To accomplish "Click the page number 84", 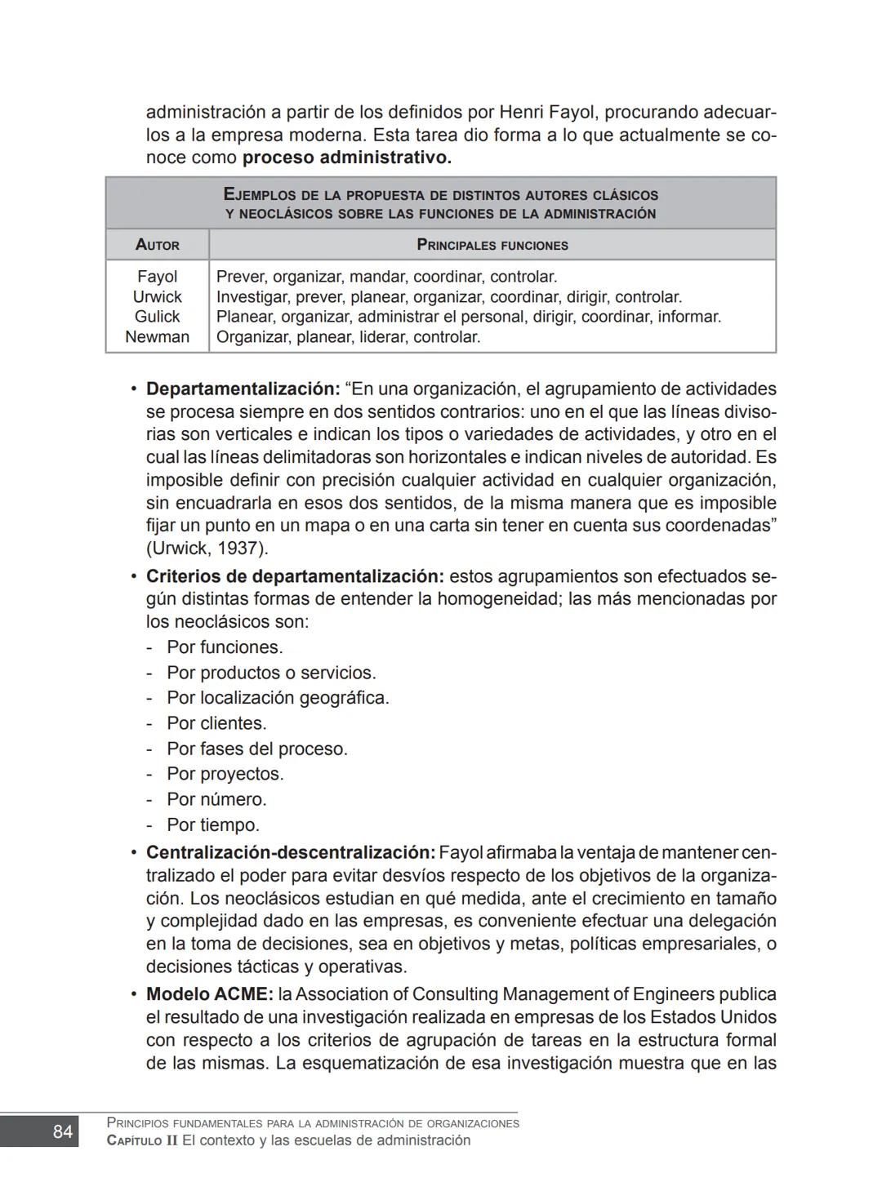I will point(62,1131).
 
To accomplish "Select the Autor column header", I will point(157,245).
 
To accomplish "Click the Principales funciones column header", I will point(492,245).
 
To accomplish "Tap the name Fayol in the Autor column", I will point(157,277).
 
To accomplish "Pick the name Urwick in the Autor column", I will point(157,297).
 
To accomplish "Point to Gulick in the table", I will point(157,317).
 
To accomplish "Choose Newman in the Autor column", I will point(157,337).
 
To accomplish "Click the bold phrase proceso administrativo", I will point(346,158).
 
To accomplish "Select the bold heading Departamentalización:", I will point(243,389).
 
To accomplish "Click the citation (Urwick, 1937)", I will point(207,549).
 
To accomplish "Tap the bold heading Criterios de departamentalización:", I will point(295,577).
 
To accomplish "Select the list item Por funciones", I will point(225,648).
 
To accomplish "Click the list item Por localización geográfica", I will point(278,699).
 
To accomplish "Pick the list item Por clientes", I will point(216,724).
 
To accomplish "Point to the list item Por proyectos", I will point(225,775).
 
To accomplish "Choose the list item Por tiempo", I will point(213,825).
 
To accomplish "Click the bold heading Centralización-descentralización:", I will point(290,853).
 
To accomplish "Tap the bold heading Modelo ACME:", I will point(209,995).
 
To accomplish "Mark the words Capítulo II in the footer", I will point(142,1141).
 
